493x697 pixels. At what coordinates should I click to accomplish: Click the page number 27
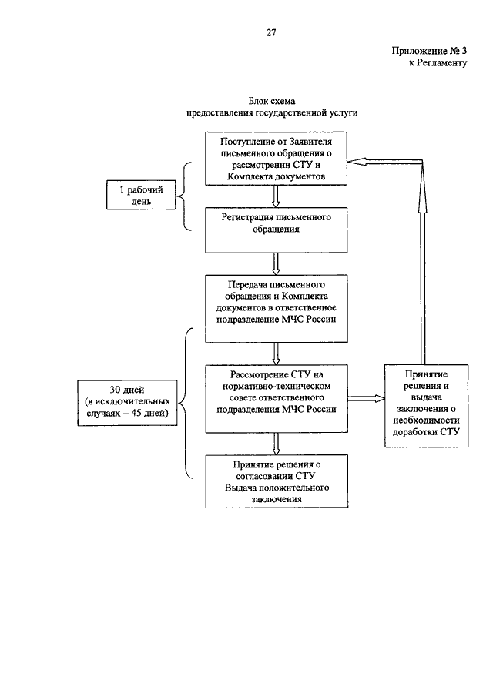(271, 33)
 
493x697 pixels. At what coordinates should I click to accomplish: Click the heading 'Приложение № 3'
(429, 51)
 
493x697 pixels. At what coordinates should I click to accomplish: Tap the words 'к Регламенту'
(438, 63)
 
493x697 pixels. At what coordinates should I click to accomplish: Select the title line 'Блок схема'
(272, 102)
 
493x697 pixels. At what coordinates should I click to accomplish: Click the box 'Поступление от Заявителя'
(276, 159)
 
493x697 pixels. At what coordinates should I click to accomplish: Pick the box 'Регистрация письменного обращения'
(276, 230)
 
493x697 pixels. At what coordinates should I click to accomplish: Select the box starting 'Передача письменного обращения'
(276, 309)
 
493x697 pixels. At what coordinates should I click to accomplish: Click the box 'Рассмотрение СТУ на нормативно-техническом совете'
(277, 399)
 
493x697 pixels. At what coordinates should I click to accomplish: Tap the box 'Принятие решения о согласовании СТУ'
(277, 481)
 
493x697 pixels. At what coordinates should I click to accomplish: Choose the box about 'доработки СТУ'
(426, 406)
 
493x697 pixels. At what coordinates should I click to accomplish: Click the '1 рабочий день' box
(141, 195)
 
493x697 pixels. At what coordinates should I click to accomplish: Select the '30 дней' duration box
(127, 403)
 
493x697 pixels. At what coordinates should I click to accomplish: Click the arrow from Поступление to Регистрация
(276, 196)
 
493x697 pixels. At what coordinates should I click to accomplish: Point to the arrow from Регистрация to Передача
(276, 264)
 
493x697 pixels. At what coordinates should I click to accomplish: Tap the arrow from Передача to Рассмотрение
(276, 354)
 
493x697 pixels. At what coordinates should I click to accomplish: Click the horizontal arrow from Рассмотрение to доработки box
(367, 398)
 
